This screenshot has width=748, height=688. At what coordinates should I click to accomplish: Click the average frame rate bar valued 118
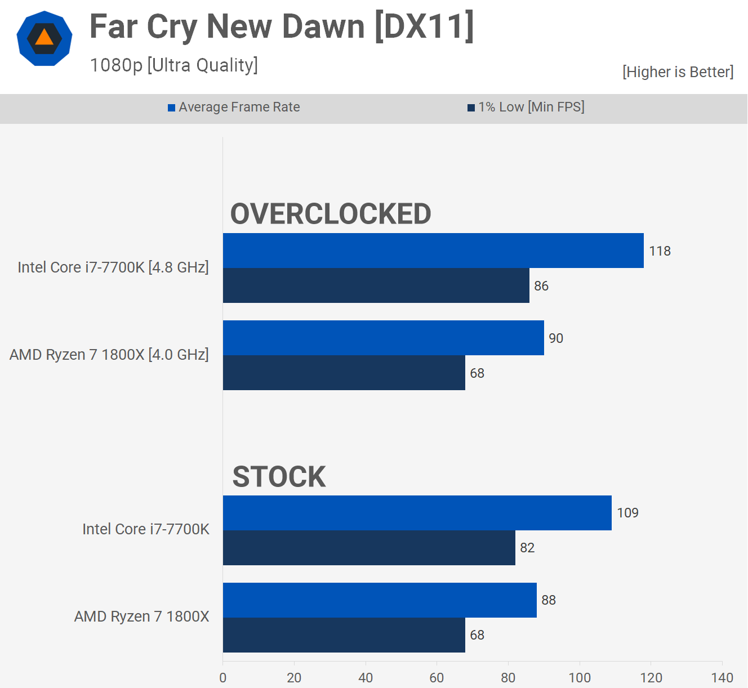tap(433, 251)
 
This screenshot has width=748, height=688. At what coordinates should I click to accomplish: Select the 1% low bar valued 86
tap(376, 285)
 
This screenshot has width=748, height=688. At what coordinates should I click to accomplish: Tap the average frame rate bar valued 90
tap(383, 338)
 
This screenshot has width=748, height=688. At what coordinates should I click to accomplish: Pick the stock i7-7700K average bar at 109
tap(417, 513)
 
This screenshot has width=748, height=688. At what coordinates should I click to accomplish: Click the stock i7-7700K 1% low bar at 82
tap(369, 548)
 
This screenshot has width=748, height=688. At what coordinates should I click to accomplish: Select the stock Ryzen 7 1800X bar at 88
tap(380, 600)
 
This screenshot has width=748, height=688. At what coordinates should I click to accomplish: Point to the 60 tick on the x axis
tap(437, 677)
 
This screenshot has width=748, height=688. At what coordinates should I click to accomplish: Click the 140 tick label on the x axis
tap(722, 677)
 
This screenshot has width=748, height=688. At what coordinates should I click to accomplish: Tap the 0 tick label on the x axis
tap(223, 677)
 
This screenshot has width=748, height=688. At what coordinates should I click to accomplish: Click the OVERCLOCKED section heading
tap(331, 214)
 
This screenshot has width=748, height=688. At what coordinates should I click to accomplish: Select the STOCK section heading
tap(279, 477)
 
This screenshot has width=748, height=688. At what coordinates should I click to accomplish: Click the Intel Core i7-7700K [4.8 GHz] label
tap(113, 267)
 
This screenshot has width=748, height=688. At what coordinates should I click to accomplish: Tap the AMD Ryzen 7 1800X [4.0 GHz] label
tap(109, 355)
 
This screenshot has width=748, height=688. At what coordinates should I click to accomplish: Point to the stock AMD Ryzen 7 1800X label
tap(142, 616)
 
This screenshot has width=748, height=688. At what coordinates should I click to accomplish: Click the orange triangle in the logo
tap(44, 38)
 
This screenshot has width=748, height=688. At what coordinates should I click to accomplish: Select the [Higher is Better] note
tap(678, 72)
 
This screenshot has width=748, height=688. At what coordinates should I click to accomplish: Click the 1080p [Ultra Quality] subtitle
tap(173, 65)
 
